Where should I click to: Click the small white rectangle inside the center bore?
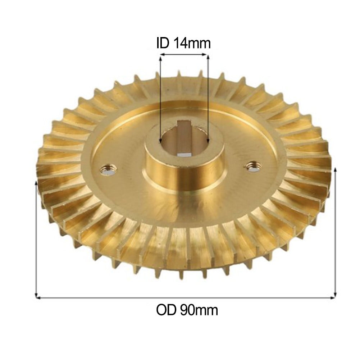pyautogui.click(x=184, y=154)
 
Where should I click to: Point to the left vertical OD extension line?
pyautogui.click(x=36, y=237)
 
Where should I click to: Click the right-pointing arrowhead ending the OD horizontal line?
pyautogui.click(x=333, y=297)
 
